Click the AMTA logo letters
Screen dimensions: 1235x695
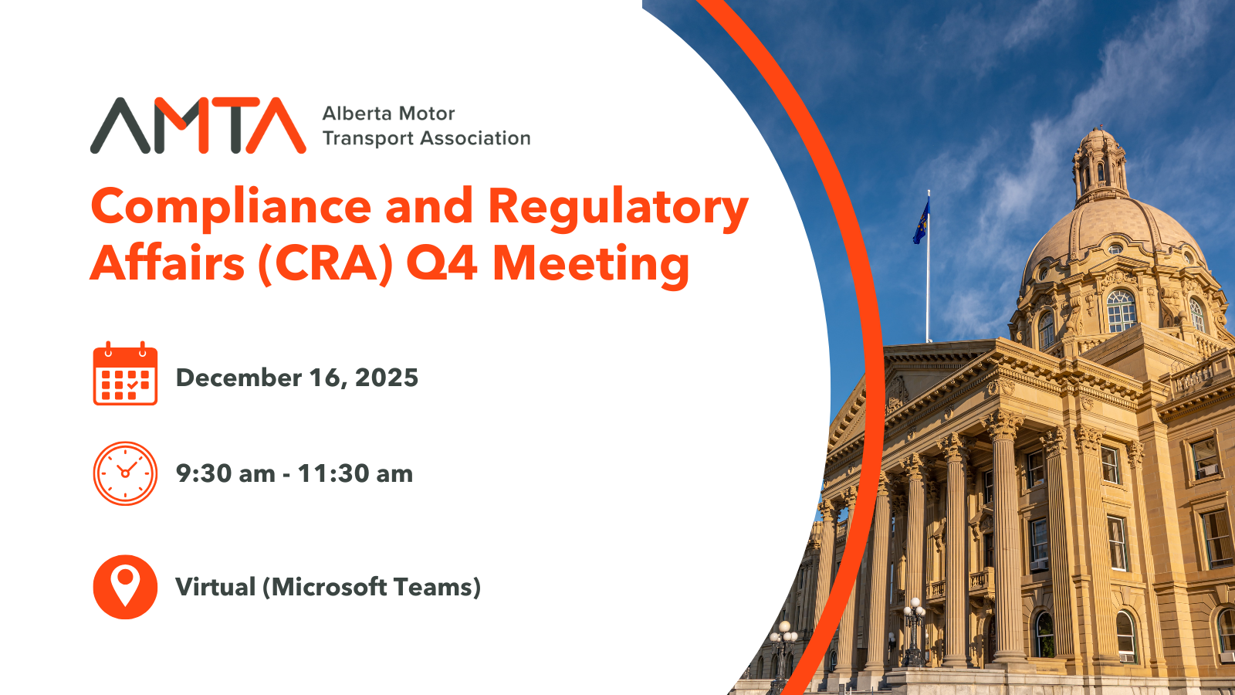(198, 125)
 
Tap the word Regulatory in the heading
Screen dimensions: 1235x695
(618, 209)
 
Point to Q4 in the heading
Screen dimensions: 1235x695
(441, 263)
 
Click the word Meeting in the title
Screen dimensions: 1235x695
(590, 266)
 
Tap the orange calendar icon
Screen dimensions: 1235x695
(125, 374)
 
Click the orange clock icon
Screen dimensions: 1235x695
(125, 473)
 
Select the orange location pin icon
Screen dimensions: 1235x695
(125, 587)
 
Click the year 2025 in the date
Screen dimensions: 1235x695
(387, 378)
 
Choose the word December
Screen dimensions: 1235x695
(239, 378)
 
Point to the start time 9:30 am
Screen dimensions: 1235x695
(225, 474)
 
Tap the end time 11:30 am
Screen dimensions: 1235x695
(356, 474)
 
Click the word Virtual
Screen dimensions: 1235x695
(215, 587)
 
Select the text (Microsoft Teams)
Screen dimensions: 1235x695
(371, 587)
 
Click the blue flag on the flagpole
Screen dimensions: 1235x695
(922, 221)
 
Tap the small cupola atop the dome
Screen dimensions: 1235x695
(1098, 163)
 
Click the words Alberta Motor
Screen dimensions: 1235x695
(389, 114)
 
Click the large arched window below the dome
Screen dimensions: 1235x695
(1122, 311)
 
